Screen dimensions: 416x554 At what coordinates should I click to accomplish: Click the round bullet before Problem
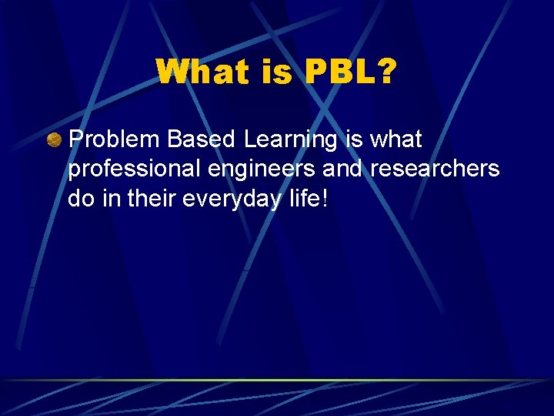click(x=54, y=140)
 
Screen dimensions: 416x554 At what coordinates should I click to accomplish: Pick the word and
click(x=341, y=168)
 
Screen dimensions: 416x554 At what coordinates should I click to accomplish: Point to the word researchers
click(x=435, y=168)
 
